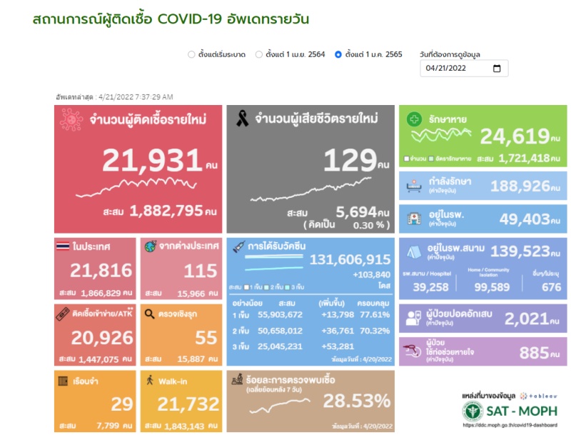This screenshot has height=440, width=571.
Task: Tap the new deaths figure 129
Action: tap(350, 161)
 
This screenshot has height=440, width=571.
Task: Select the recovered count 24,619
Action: tap(513, 136)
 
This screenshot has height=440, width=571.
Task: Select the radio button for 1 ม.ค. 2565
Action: tap(338, 54)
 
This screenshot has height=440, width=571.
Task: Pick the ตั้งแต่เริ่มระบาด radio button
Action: tap(191, 54)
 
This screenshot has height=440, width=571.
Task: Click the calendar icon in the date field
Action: tap(497, 69)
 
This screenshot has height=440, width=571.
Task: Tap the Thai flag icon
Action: tap(62, 246)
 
